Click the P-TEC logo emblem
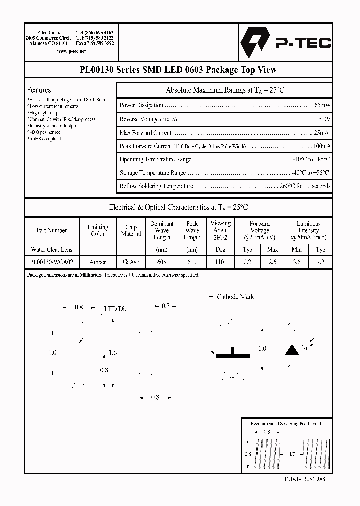point(256,43)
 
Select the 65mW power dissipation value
point(322,105)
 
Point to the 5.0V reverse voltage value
point(324,119)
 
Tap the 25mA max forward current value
point(321,133)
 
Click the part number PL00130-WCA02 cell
point(51,262)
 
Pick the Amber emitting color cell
point(98,262)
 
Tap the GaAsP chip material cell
point(131,262)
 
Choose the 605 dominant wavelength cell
point(162,262)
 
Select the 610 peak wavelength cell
point(192,262)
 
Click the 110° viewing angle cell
point(220,262)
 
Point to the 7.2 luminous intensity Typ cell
point(320,262)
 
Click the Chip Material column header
point(131,230)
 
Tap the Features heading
point(39,90)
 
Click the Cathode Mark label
point(235,297)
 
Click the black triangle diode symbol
point(291,350)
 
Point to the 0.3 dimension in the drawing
point(165,306)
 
